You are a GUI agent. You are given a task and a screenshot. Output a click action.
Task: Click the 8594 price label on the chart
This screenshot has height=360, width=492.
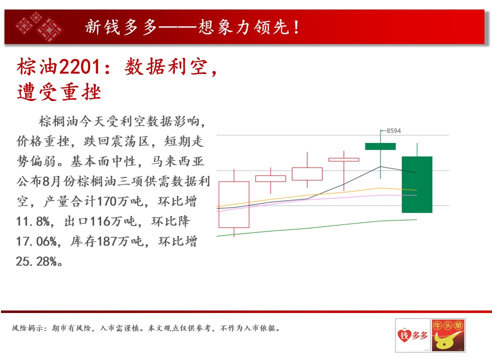393,131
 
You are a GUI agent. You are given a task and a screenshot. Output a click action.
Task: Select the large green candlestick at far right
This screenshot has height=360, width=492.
417,184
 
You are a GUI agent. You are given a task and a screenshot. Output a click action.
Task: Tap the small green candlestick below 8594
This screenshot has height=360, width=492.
380,146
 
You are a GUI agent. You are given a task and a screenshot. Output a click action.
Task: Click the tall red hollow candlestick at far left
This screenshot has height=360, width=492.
234,204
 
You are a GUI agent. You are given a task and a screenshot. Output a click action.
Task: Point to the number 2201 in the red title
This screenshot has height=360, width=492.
80,67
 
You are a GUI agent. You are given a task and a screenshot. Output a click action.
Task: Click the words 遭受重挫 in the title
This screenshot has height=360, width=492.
59,92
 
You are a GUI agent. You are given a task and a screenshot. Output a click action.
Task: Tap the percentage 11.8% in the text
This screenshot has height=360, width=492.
33,221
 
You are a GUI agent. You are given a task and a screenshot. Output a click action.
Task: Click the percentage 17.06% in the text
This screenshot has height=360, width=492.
36,241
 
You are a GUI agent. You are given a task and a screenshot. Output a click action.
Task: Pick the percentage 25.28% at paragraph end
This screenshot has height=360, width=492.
36,261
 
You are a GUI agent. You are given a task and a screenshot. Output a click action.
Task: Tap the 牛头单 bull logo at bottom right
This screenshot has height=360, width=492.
448,335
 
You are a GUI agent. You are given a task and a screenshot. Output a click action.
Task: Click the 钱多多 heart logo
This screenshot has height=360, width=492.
412,335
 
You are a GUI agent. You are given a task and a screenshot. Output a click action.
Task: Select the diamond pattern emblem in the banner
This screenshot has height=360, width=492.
39,26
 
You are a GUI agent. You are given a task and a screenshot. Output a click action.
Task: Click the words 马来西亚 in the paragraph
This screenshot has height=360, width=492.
178,161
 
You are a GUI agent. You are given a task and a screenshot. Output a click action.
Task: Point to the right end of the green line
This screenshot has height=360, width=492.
417,219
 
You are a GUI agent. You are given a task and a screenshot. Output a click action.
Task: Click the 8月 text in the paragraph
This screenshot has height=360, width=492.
52,181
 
